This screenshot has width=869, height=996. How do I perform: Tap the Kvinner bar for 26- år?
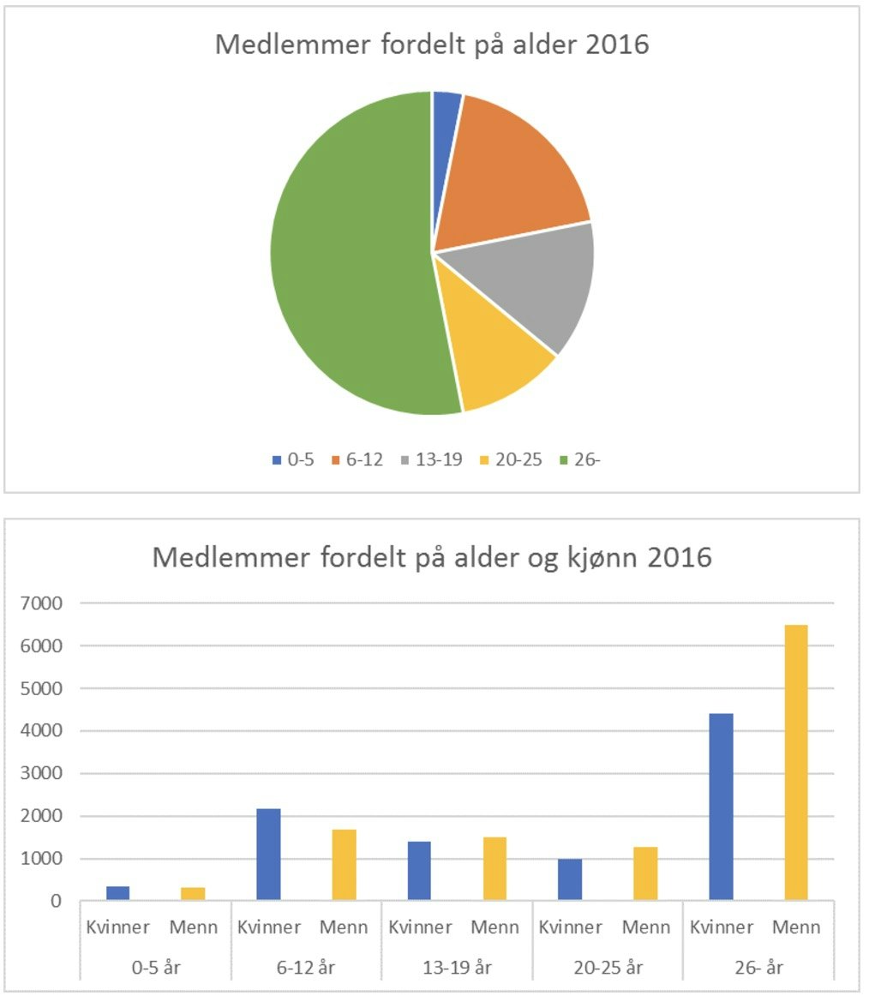pyautogui.click(x=722, y=806)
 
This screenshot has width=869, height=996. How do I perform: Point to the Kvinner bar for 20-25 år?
pyautogui.click(x=570, y=879)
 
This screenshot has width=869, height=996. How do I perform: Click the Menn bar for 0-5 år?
pyautogui.click(x=193, y=893)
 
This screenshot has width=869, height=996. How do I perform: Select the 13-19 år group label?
pyautogui.click(x=457, y=969)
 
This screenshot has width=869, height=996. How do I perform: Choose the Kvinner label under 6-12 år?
pyautogui.click(x=268, y=927)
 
